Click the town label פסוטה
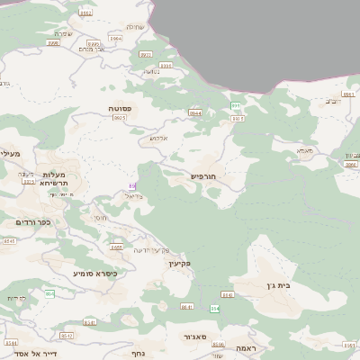[120, 109]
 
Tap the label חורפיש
[204, 176]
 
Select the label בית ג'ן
[282, 285]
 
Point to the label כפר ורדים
[33, 221]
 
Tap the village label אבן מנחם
[91, 49]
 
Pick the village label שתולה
[134, 26]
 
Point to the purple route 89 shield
[132, 186]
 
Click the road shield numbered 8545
[9, 241]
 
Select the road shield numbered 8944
[194, 112]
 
